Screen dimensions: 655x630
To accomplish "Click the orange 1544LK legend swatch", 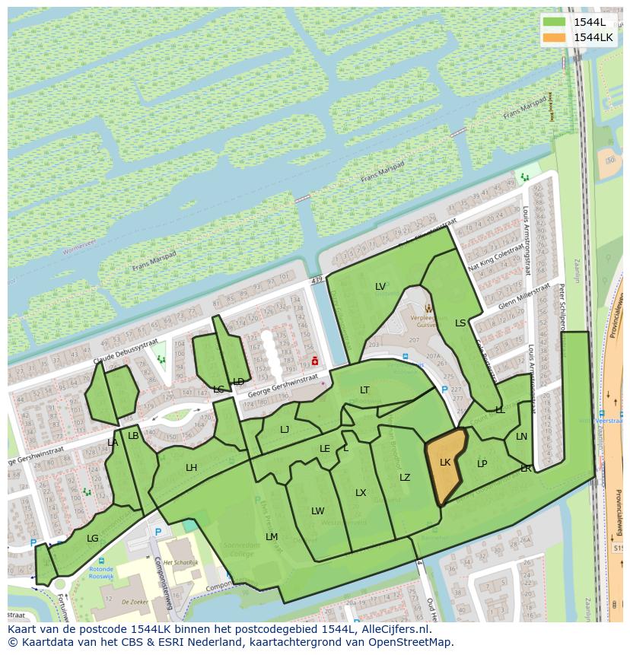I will (x=555, y=37).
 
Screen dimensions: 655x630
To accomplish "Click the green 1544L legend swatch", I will (x=555, y=21).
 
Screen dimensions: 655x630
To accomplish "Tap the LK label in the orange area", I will (x=445, y=463).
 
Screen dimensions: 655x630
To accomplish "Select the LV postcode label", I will (x=380, y=287).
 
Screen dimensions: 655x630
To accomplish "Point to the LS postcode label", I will (x=460, y=323).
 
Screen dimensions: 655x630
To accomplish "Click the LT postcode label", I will (x=364, y=390).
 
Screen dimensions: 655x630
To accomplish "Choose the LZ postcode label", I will (x=405, y=478).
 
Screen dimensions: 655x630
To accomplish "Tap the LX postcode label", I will (x=361, y=493).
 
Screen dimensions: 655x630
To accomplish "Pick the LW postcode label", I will (x=317, y=511).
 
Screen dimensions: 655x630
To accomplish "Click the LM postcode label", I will (x=272, y=537).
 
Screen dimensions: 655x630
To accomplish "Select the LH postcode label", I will (x=191, y=468).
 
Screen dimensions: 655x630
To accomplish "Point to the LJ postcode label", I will (x=285, y=430).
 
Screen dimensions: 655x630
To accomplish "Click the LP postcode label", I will (x=482, y=464).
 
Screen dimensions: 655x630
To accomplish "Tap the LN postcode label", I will (x=521, y=437).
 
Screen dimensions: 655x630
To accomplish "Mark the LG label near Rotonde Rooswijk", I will (x=93, y=539).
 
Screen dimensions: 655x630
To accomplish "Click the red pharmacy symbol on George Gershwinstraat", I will (x=314, y=361).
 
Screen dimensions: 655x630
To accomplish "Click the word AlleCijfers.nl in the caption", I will (x=396, y=630).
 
